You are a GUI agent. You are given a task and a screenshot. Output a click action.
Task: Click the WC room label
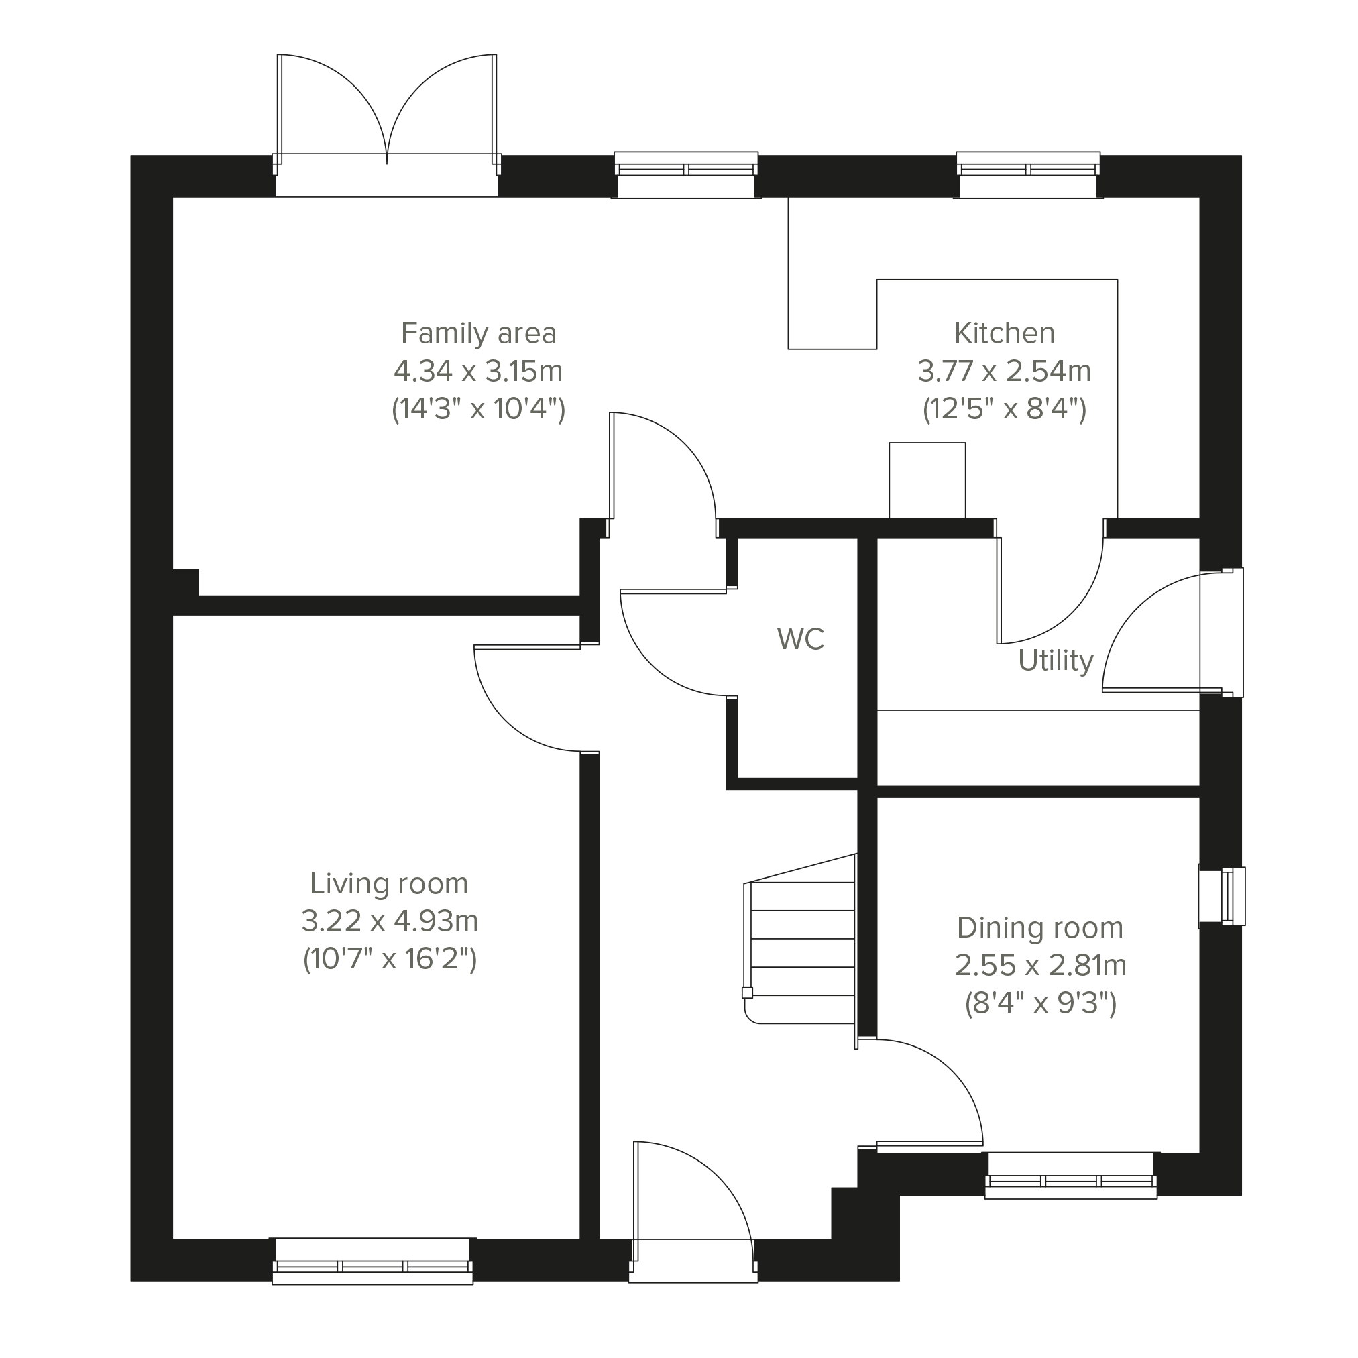pyautogui.click(x=801, y=640)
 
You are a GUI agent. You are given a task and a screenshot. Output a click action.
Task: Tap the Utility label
pyautogui.click(x=1056, y=661)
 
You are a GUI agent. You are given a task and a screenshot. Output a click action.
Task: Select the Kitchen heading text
pyautogui.click(x=1005, y=333)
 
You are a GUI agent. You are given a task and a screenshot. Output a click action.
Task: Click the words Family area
pyautogui.click(x=479, y=333)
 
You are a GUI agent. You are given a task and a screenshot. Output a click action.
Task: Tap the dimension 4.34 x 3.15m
pyautogui.click(x=478, y=371)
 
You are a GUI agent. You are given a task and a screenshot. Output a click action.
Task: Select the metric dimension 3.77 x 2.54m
pyautogui.click(x=1005, y=371)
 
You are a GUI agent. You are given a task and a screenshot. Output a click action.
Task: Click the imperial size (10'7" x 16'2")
pyautogui.click(x=390, y=959)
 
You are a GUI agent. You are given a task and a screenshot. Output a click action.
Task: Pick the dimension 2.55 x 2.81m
pyautogui.click(x=1040, y=966)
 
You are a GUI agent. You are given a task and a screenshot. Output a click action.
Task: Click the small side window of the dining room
pyautogui.click(x=1222, y=896)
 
